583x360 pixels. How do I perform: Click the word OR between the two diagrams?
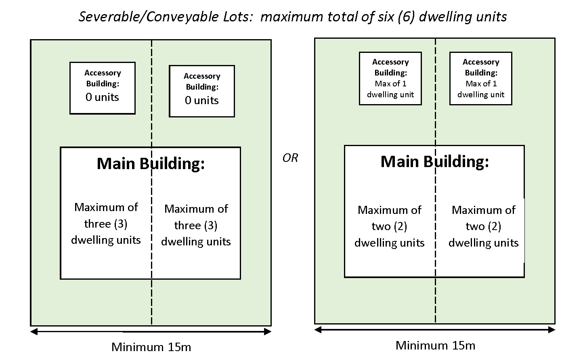pyautogui.click(x=290, y=158)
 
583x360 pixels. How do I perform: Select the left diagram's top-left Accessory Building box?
pyautogui.click(x=102, y=88)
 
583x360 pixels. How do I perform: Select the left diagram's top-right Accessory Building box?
pyautogui.click(x=201, y=91)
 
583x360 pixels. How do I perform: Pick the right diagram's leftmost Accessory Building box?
pyautogui.click(x=390, y=78)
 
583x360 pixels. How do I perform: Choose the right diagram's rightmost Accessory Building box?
pyautogui.click(x=480, y=78)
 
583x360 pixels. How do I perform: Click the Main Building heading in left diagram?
pyautogui.click(x=151, y=163)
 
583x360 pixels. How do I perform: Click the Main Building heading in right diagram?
pyautogui.click(x=434, y=161)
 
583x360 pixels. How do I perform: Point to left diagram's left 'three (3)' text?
pyautogui.click(x=106, y=224)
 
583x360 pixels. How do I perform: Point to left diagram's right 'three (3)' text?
pyautogui.click(x=196, y=225)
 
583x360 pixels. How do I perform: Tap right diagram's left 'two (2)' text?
pyautogui.click(x=389, y=226)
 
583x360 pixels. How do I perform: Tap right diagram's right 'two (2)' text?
pyautogui.click(x=483, y=226)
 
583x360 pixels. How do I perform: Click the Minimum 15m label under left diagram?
pyautogui.click(x=151, y=347)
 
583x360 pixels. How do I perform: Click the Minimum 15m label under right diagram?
pyautogui.click(x=435, y=345)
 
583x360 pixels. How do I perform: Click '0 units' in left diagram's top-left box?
pyautogui.click(x=102, y=97)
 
